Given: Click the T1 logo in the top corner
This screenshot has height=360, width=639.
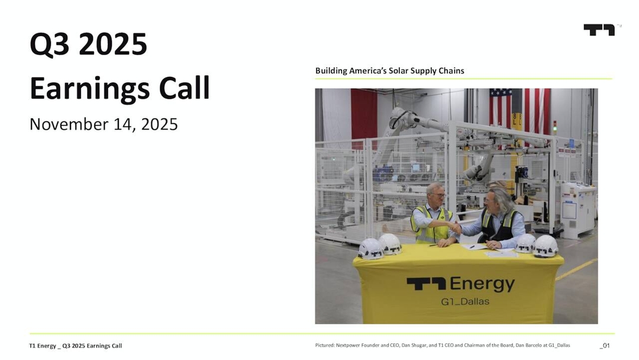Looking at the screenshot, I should coord(599,30).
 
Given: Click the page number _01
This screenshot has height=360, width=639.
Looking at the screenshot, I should coord(604,345).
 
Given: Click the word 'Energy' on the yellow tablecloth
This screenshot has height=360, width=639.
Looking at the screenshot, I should coord(482,284).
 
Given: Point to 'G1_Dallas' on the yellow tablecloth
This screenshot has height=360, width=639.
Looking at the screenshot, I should coord(465,302).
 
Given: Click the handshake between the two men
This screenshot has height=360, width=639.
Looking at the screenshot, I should coord(454,226).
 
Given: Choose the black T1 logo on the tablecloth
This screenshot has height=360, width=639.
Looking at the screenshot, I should coord(426,285).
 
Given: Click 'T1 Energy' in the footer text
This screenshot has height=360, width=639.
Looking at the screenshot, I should coord(43,346).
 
